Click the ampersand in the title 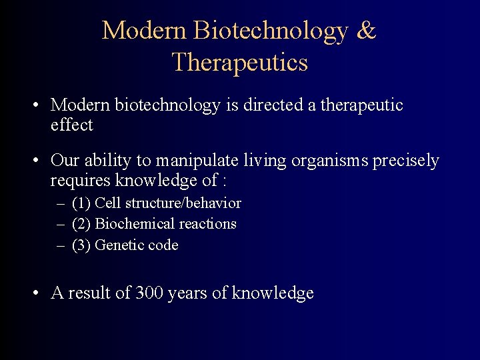tap(366, 31)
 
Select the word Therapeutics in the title tap(239, 62)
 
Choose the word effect tap(71, 125)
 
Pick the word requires tap(81, 180)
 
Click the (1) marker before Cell tap(82, 203)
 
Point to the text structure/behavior tap(183, 203)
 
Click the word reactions tap(206, 224)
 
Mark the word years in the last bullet tap(189, 293)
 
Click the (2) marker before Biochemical tap(82, 224)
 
